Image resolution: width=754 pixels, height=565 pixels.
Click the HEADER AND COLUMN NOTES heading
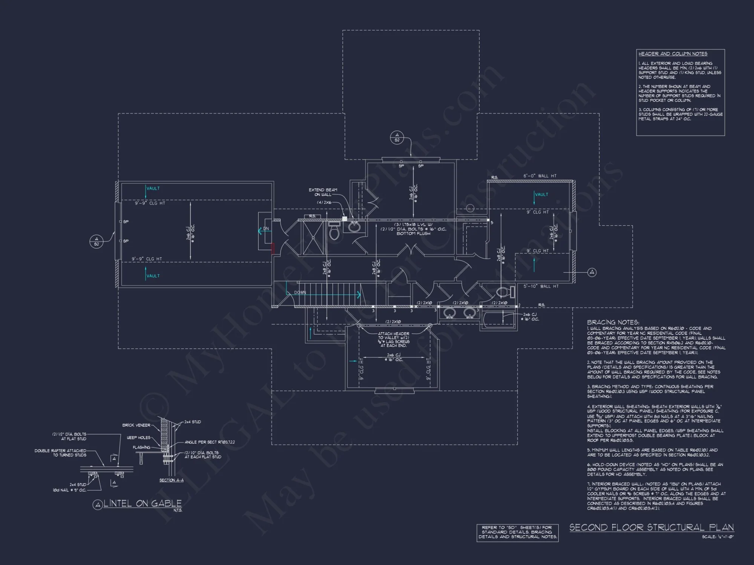[673, 54]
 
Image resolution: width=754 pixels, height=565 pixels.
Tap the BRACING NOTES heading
[613, 322]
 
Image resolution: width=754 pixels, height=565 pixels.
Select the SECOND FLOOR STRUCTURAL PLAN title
[651, 527]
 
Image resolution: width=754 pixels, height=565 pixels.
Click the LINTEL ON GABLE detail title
[143, 504]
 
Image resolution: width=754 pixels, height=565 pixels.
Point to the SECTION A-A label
[171, 480]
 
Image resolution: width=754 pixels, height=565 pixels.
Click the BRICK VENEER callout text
[136, 425]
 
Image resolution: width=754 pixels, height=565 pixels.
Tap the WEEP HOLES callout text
[138, 438]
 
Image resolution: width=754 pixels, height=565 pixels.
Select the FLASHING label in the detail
[141, 447]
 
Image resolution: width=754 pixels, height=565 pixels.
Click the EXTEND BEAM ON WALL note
[323, 192]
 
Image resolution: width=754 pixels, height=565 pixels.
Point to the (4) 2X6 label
[324, 203]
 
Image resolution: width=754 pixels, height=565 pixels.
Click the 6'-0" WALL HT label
[539, 176]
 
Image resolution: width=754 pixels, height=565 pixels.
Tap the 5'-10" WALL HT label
[541, 286]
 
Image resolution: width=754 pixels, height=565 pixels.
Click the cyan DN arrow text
[266, 229]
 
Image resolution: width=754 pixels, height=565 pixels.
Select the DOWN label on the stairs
[300, 293]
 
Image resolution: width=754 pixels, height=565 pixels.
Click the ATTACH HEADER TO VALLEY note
[394, 339]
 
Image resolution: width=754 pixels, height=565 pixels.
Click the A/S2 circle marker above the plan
[397, 137]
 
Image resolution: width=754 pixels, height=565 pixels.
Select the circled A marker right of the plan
[592, 272]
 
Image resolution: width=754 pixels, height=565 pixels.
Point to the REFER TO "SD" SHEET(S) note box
[517, 532]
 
